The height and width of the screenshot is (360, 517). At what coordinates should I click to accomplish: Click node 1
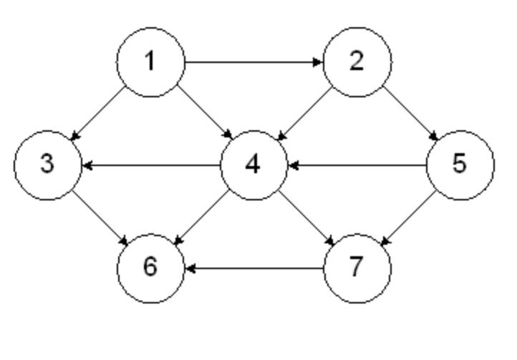point(150,62)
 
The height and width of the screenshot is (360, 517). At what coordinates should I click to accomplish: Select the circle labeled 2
point(357,62)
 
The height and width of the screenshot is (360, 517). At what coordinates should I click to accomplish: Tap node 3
point(47,165)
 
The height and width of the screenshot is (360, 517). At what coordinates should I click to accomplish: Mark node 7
point(357,268)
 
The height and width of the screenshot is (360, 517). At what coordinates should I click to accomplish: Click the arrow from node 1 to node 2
point(253,62)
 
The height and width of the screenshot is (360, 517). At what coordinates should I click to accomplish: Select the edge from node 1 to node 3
point(100,113)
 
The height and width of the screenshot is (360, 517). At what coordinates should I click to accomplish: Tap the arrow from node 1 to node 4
point(203,113)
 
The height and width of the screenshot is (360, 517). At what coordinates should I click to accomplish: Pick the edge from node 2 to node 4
point(304,113)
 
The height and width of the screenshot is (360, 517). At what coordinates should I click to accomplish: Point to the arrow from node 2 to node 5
point(408,113)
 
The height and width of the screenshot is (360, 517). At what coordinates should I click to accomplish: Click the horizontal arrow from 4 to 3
point(150,165)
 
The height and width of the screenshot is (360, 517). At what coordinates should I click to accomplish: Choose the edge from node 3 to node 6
point(99,216)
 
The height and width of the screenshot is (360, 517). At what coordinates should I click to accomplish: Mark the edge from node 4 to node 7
point(305,216)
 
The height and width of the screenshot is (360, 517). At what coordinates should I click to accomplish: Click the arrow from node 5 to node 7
point(408,216)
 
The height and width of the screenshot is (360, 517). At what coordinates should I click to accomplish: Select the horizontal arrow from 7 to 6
point(253,268)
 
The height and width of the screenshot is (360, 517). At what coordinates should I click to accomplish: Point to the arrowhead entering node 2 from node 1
point(318,62)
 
